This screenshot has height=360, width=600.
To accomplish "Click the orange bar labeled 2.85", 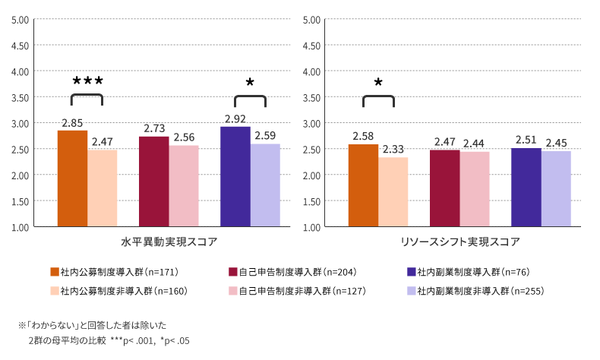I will (x=72, y=178).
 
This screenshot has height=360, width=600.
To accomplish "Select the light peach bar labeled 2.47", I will (x=102, y=188).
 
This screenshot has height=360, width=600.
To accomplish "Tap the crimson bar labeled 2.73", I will (x=153, y=182).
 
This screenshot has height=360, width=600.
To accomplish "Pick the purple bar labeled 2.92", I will (x=235, y=177).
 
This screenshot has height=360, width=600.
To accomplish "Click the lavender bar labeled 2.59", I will (x=265, y=185).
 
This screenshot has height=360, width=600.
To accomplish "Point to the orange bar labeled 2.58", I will (x=363, y=185).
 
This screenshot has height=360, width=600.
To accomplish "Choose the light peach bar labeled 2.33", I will (x=393, y=192).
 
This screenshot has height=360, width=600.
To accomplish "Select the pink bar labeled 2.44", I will (x=474, y=189).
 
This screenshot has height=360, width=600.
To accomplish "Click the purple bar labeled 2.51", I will (x=526, y=188).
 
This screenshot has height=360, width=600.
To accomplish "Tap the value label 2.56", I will (x=184, y=137).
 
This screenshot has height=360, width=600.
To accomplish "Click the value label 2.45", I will (x=556, y=143).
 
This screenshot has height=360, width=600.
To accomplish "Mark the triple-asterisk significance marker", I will (x=87, y=81).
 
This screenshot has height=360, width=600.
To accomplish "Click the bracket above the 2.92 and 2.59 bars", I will (x=251, y=99).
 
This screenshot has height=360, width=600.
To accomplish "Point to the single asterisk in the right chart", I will (x=378, y=83).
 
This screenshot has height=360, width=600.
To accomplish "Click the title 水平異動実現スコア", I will (x=169, y=242).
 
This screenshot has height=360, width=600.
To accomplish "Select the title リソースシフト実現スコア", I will (x=459, y=242).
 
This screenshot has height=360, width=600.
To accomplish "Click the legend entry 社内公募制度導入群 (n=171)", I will (x=113, y=271).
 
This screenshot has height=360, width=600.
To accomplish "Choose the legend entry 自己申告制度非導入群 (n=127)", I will (x=292, y=290).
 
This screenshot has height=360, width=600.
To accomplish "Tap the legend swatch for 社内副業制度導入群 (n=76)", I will (x=411, y=271).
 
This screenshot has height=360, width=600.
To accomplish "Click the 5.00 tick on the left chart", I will (x=21, y=19).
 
